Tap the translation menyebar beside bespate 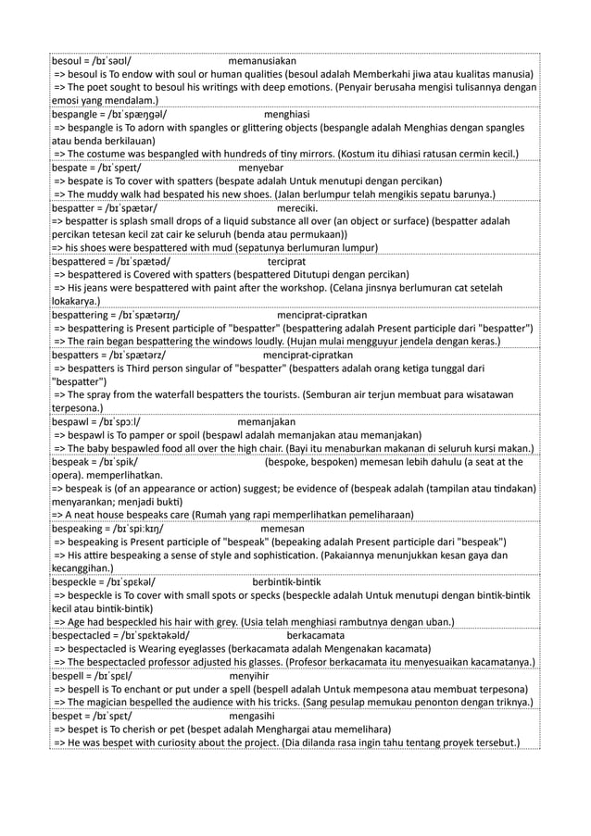260,168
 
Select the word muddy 106,194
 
